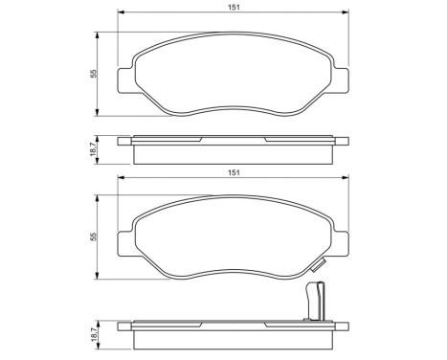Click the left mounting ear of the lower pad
tap(123, 239)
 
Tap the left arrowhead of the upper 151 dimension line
tap(120, 14)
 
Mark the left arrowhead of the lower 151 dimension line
tap(120, 178)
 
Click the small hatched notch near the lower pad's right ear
tap(324, 256)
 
